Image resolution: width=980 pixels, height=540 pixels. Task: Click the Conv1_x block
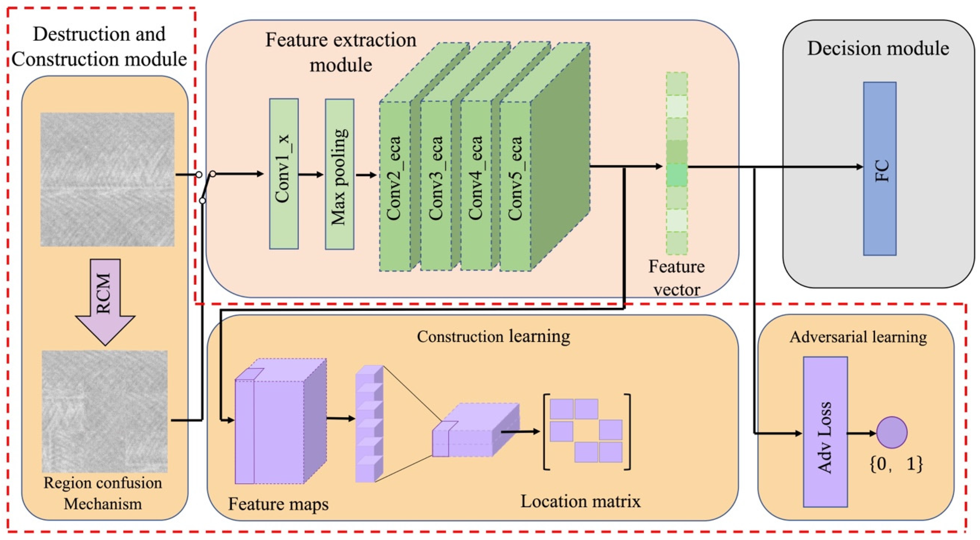[284, 174]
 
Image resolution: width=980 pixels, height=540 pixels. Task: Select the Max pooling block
[339, 174]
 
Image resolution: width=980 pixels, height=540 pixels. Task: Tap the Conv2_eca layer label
[394, 178]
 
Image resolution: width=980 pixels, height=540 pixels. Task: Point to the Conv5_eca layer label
[515, 178]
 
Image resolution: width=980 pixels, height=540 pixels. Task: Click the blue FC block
[880, 169]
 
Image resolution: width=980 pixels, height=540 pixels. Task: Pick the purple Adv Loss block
[825, 432]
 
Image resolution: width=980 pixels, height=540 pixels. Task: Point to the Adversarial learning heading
[858, 337]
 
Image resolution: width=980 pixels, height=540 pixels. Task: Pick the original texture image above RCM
[108, 179]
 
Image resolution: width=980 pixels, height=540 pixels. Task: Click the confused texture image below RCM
[105, 411]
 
